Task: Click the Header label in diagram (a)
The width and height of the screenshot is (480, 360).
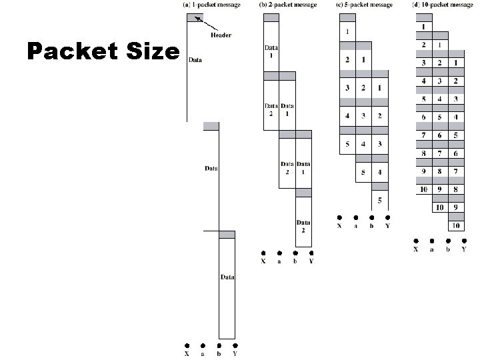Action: pos(221,35)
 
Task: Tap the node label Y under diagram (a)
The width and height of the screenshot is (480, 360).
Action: pos(235,354)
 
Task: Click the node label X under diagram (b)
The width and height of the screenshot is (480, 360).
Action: pos(263,261)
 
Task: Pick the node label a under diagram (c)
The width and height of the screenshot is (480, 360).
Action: pos(355,226)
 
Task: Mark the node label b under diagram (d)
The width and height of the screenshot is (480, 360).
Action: pos(448,249)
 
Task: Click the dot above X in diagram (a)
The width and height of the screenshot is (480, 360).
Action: pos(187,345)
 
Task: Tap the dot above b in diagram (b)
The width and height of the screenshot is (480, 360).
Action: pos(295,253)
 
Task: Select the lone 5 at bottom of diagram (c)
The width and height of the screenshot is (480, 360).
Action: pos(380,200)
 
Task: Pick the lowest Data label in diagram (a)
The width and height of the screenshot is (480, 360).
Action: pos(227,277)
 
